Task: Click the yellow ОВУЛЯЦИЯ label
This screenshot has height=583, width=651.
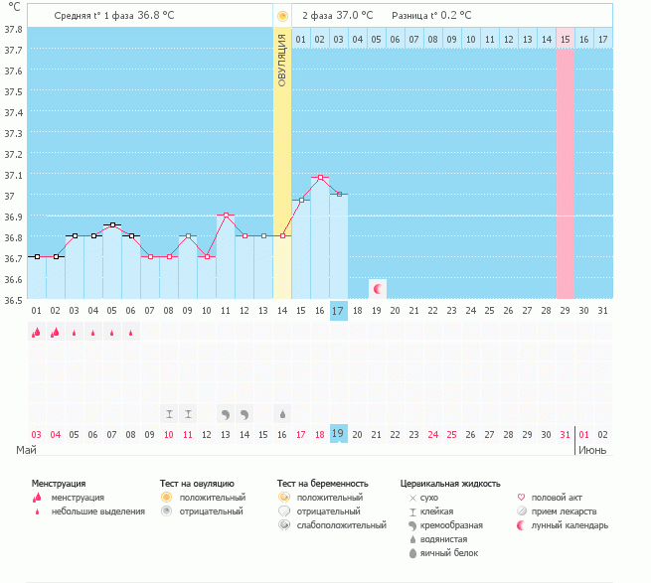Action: click(x=282, y=60)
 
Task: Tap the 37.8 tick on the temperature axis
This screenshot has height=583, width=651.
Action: click(x=12, y=29)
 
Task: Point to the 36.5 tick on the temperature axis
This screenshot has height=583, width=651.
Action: click(x=12, y=300)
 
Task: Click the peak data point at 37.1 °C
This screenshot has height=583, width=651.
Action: click(x=320, y=177)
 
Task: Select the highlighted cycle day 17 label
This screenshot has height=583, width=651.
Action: click(x=339, y=311)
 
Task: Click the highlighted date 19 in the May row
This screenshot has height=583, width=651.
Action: click(x=339, y=434)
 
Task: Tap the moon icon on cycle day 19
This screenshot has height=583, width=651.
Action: click(x=377, y=288)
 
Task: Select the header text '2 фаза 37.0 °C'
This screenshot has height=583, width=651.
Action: click(x=338, y=16)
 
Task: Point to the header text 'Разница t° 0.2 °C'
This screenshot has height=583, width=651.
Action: click(x=431, y=16)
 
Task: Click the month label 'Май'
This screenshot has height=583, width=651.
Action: click(x=27, y=450)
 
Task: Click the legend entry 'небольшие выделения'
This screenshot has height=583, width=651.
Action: click(x=97, y=511)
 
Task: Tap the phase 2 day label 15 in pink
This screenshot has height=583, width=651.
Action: click(x=565, y=39)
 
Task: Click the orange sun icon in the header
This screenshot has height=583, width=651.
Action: click(x=282, y=16)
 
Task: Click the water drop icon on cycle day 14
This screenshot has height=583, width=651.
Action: click(x=282, y=413)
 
